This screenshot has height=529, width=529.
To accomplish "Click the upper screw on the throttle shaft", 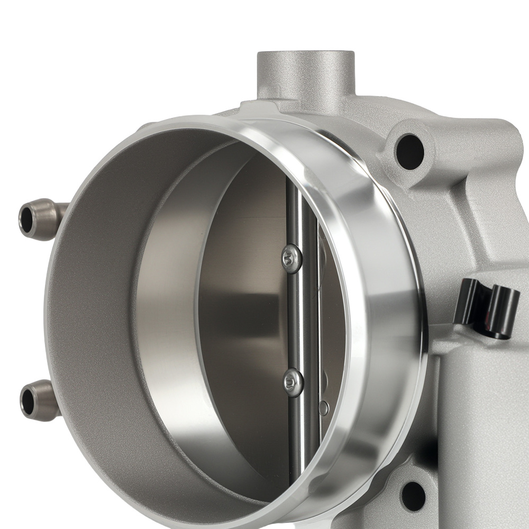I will coord(291,259).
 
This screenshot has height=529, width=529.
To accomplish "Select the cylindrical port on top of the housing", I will coord(306,74).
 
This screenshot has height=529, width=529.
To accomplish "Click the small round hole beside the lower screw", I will coord(324,408).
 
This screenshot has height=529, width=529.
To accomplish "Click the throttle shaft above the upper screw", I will coord(293,212).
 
